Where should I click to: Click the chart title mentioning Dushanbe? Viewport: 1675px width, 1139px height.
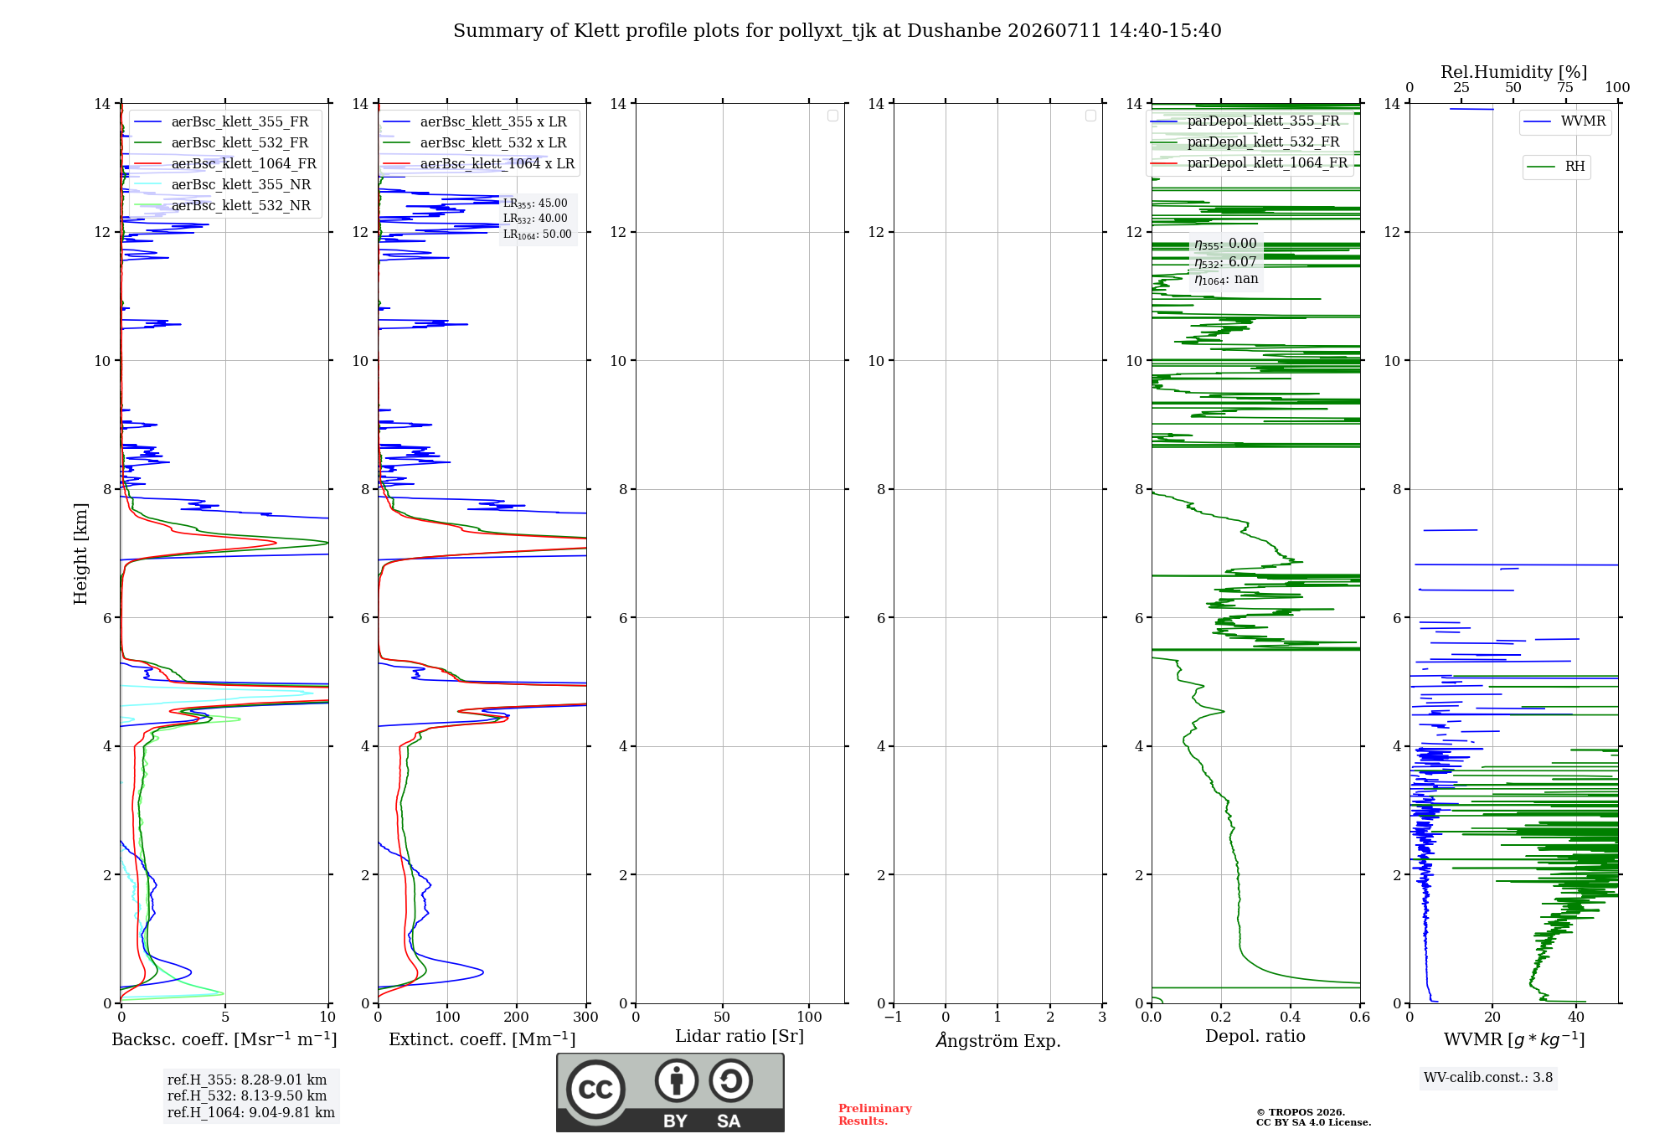(837, 31)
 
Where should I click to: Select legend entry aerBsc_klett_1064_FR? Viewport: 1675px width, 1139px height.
(224, 164)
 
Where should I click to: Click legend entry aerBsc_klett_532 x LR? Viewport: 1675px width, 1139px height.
(475, 143)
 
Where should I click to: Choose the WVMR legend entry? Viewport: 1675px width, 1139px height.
(1564, 121)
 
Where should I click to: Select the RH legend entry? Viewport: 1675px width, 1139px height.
(1556, 167)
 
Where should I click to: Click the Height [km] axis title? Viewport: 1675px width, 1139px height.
(80, 554)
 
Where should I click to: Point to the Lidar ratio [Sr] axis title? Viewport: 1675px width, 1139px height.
(740, 1037)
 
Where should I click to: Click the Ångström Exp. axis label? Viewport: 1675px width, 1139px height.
(998, 1040)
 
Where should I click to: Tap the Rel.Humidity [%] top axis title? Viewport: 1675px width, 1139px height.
(1514, 72)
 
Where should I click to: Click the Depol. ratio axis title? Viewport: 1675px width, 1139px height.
(1255, 1037)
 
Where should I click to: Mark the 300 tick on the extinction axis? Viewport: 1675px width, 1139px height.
(586, 1018)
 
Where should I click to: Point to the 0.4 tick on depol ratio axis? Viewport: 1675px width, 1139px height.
(1291, 1018)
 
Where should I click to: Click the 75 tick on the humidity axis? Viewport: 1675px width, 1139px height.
(1565, 88)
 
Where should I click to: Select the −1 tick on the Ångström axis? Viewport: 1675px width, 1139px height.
(894, 1018)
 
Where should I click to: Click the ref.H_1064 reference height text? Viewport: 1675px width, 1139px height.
(251, 1113)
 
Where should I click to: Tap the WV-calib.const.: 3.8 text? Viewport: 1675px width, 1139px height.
(1488, 1078)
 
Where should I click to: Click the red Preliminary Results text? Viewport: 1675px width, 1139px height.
(875, 1115)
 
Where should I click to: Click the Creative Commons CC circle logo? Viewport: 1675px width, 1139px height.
(595, 1090)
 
